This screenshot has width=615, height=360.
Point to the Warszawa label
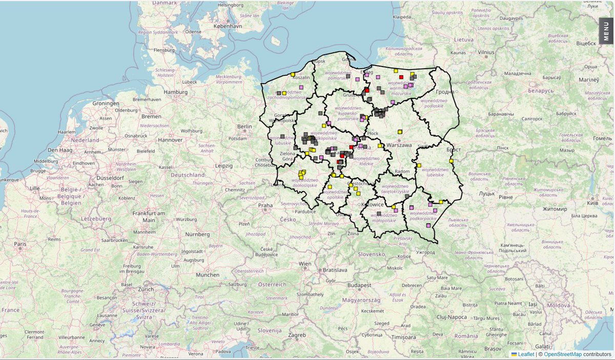(400, 145)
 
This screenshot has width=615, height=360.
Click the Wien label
(305, 264)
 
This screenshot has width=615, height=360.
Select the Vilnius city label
(486, 52)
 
